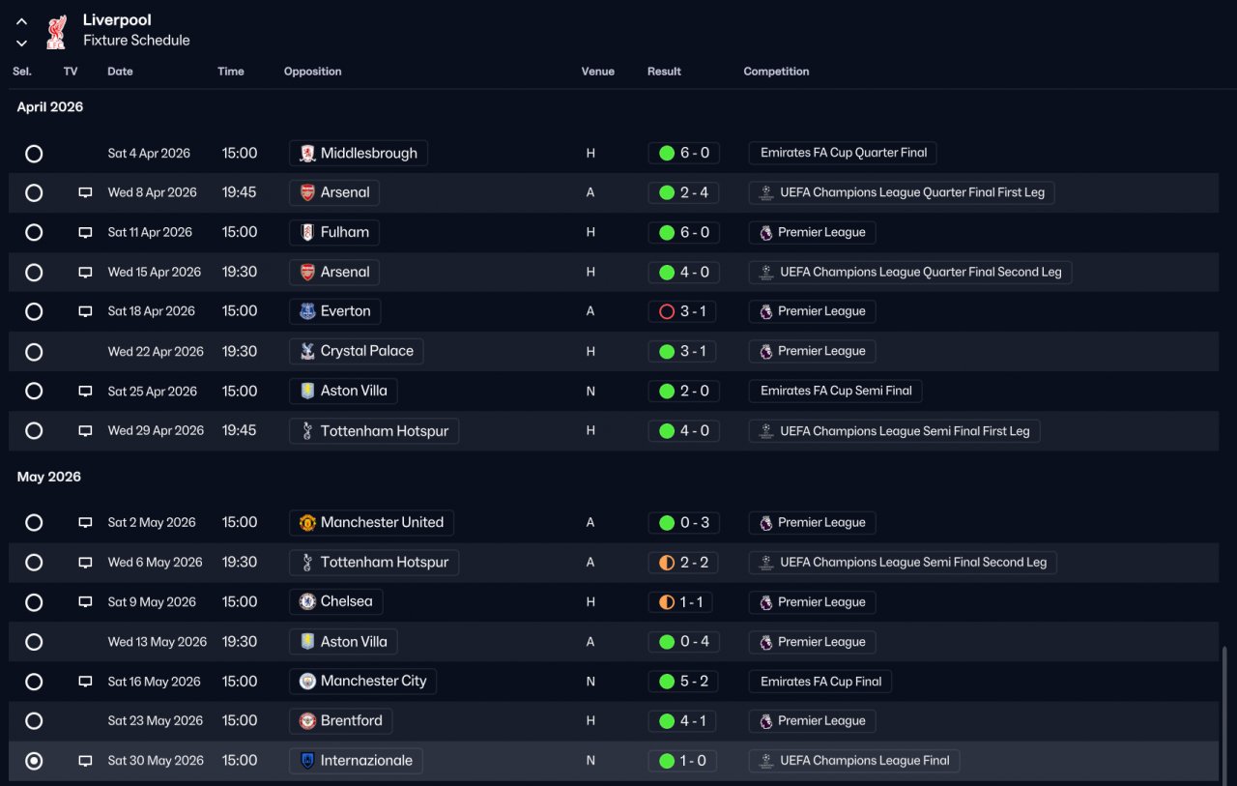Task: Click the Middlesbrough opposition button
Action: pyautogui.click(x=358, y=153)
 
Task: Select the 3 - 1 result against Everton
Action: pyautogui.click(x=683, y=311)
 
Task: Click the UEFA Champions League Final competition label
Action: pyautogui.click(x=853, y=761)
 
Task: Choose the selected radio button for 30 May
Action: pyautogui.click(x=34, y=761)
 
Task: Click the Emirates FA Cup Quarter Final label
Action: pyautogui.click(x=843, y=153)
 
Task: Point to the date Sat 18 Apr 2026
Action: pyautogui.click(x=151, y=311)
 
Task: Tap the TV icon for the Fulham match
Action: pyautogui.click(x=85, y=233)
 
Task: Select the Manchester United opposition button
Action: pyautogui.click(x=371, y=523)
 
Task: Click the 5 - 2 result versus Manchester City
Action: pyautogui.click(x=683, y=682)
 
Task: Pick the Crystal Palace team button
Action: pyautogui.click(x=356, y=351)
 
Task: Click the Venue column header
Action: pyautogui.click(x=597, y=72)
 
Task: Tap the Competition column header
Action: pyautogui.click(x=776, y=72)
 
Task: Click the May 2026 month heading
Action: pyautogui.click(x=49, y=477)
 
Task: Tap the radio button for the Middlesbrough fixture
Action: pyautogui.click(x=34, y=154)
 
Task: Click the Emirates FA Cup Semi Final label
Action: pyautogui.click(x=836, y=391)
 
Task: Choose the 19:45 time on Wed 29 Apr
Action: pyautogui.click(x=240, y=430)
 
